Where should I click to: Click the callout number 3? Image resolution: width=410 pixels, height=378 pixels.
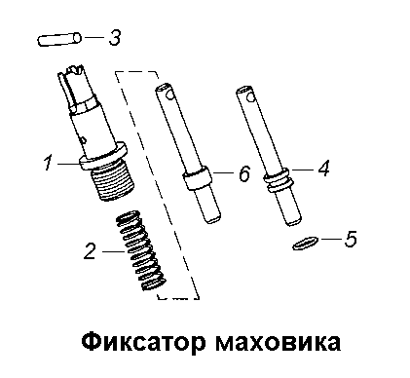point(114,38)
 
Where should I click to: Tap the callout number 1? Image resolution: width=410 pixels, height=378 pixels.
point(49,163)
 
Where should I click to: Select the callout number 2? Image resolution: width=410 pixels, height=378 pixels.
point(90,251)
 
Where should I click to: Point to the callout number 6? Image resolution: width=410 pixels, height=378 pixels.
point(244,173)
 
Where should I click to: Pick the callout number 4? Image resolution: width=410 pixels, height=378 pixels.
point(323,169)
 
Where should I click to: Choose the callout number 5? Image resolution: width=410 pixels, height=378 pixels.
point(351,239)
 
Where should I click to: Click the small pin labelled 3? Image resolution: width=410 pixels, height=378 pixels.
point(59,39)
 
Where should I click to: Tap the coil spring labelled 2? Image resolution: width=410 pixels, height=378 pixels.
point(141,250)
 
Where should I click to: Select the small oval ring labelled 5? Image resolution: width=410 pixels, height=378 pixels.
point(304,244)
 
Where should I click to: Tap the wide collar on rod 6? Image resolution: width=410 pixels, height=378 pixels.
point(197,179)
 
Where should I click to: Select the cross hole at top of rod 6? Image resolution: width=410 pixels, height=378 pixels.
point(168,94)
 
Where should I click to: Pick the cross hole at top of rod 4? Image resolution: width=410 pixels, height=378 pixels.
point(249,97)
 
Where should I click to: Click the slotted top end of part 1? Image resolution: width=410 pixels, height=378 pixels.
point(75,85)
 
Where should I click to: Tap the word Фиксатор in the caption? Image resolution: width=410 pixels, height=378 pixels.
point(143,342)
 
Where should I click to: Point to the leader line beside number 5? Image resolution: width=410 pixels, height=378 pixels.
point(330,240)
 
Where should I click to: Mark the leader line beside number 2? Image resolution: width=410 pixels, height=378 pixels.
point(113,251)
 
